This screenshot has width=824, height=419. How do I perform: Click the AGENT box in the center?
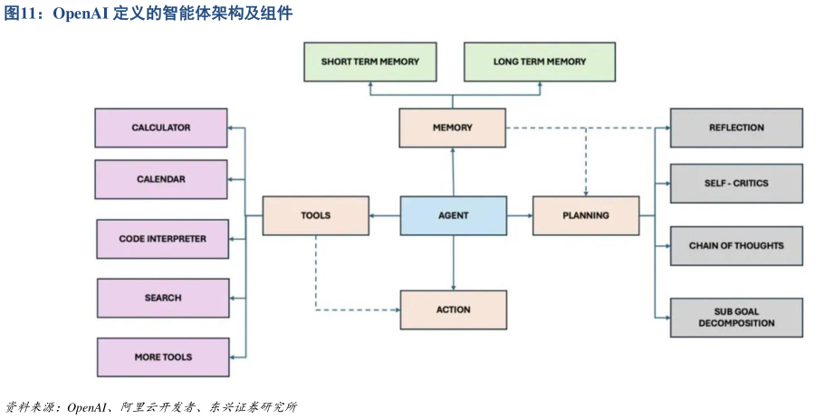pyautogui.click(x=453, y=215)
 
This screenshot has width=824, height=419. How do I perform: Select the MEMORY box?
pyautogui.click(x=452, y=128)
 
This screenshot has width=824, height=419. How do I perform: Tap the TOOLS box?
pyautogui.click(x=315, y=215)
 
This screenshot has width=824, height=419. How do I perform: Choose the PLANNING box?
pyautogui.click(x=585, y=215)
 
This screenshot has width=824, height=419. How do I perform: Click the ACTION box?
pyautogui.click(x=453, y=309)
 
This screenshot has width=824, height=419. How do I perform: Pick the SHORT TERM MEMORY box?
pyautogui.click(x=369, y=62)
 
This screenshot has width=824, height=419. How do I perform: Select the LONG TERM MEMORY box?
pyautogui.click(x=539, y=62)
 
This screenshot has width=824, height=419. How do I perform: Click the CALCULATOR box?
pyautogui.click(x=161, y=128)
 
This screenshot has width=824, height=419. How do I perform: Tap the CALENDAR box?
pyautogui.click(x=161, y=179)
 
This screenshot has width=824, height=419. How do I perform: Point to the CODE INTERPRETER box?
pyautogui.click(x=163, y=239)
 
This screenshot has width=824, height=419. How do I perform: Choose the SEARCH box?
pyautogui.click(x=163, y=298)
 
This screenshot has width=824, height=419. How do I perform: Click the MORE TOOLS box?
pyautogui.click(x=163, y=357)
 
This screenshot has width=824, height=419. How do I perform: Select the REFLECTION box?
pyautogui.click(x=736, y=128)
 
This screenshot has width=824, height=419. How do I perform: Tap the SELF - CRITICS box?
pyautogui.click(x=736, y=183)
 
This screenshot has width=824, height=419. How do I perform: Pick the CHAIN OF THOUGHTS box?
pyautogui.click(x=736, y=245)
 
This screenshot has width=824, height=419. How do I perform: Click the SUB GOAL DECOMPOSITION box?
pyautogui.click(x=736, y=317)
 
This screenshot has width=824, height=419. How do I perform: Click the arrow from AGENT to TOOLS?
pyautogui.click(x=385, y=215)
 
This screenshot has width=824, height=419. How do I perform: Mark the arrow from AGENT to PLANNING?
pyautogui.click(x=519, y=215)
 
